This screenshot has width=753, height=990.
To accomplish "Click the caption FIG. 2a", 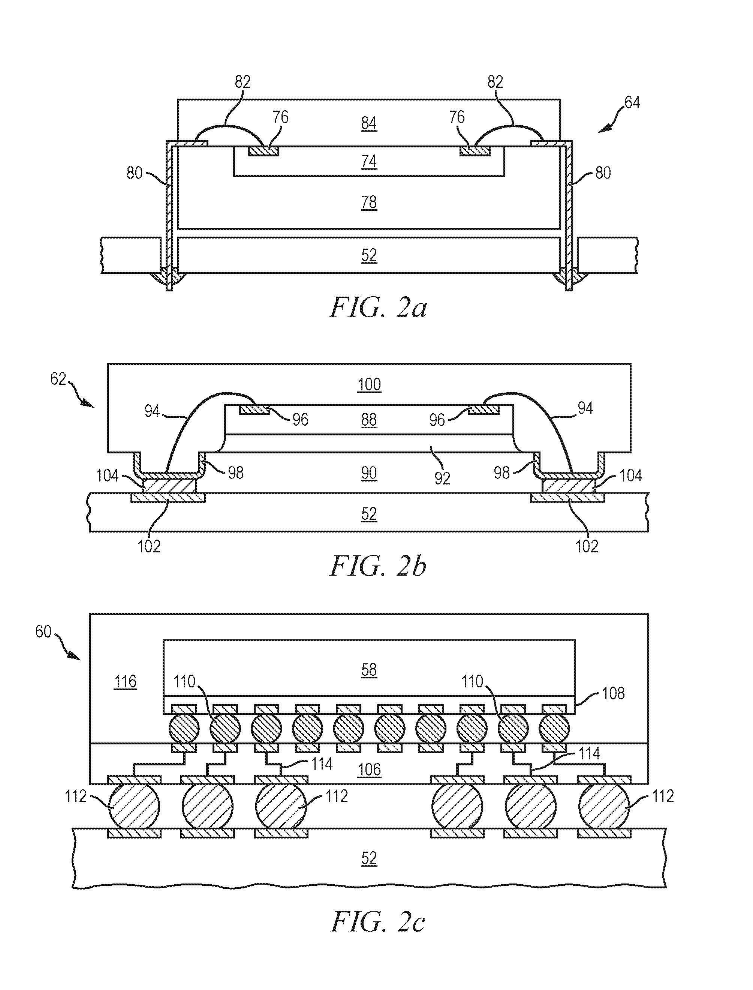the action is pos(378,308).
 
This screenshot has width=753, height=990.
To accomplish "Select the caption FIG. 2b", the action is pos(378,566).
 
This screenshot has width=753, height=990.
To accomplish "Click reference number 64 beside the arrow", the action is pos(632,103).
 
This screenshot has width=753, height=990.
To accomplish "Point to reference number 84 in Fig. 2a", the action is pos(369,123).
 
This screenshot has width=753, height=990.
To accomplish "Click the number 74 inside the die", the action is pos(369,161).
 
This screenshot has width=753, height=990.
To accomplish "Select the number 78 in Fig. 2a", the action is pos(369,202).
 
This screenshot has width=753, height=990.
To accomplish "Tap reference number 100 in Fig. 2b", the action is pos(369,385).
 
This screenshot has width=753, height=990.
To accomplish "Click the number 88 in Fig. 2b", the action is pos(369,420).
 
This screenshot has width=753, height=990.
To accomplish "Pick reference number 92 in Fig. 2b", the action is pos(442,478).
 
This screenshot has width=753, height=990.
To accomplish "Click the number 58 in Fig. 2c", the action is pos(369,670).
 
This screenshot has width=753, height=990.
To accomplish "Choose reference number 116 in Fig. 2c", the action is pos(125,681).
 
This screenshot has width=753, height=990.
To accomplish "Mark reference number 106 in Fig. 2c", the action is pos(369,770).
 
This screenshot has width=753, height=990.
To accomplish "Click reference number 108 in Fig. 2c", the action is pos(613,693).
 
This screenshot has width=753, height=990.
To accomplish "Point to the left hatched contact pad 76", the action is pos(263,151).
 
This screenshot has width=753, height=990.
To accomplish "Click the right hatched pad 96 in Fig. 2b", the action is pos(484,410).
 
